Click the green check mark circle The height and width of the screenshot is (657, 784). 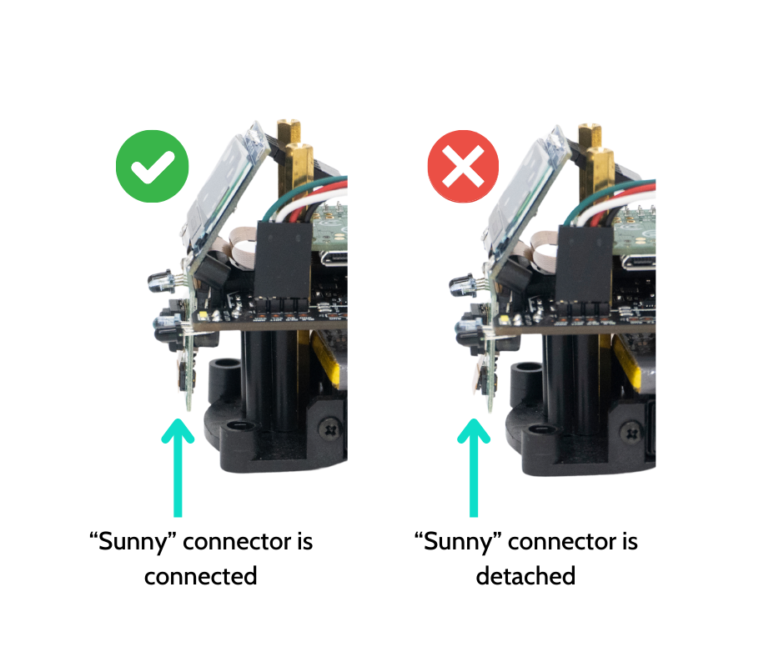pos(152,166)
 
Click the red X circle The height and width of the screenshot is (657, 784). pos(463,166)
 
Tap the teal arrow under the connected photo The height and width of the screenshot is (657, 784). pos(178,468)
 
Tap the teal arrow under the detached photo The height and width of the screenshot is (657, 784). pos(474,468)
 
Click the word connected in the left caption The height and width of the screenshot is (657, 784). pos(200,576)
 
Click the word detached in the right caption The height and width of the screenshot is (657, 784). pos(525,576)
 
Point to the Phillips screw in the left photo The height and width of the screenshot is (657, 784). pos(330,429)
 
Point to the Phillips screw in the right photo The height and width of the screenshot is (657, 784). pos(631,431)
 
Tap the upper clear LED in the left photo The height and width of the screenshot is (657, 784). pos(161,283)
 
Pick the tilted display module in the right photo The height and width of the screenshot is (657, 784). pos(527,193)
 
